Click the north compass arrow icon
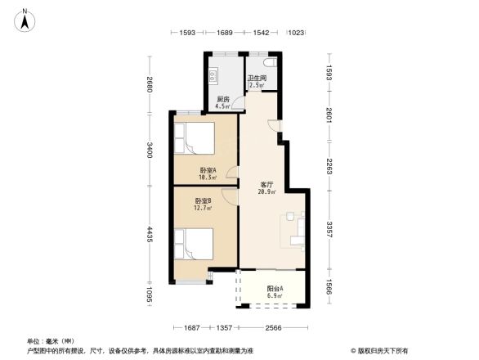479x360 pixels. tap(25, 19)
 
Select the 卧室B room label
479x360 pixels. tap(204, 205)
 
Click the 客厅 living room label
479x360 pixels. tap(266, 188)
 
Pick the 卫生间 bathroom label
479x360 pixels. tap(257, 82)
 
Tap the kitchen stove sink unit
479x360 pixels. tap(213, 77)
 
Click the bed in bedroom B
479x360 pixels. tap(193, 243)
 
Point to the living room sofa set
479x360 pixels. tap(295, 229)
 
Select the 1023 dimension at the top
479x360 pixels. tap(296, 33)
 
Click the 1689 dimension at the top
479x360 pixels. tap(225, 33)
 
